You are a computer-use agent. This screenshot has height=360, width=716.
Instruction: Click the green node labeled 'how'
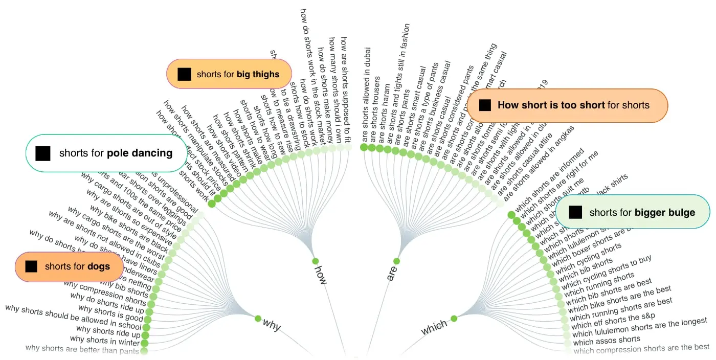tap(316, 261)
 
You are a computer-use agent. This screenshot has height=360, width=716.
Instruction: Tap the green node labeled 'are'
tap(396, 261)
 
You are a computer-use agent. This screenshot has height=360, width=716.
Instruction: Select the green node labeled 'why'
tap(258, 318)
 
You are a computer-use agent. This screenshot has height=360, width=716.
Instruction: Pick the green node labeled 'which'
tap(454, 319)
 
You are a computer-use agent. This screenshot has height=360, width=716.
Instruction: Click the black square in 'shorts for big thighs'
tap(184, 74)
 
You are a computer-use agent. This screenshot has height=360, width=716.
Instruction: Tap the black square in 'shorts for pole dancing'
tap(43, 153)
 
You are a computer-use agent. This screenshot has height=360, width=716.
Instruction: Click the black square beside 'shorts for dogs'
tap(31, 266)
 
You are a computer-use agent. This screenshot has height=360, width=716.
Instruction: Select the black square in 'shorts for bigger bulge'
tap(575, 212)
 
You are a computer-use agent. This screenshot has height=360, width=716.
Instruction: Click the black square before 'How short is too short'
tap(485, 105)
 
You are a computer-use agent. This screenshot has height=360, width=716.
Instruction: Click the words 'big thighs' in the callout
tap(258, 74)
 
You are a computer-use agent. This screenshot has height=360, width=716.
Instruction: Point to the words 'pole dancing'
tap(140, 153)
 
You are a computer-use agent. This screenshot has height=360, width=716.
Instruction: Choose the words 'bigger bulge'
tap(665, 212)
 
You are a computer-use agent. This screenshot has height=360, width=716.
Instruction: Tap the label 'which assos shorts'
tap(607, 340)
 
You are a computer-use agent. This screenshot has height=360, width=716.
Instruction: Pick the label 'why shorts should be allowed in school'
tap(73, 317)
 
